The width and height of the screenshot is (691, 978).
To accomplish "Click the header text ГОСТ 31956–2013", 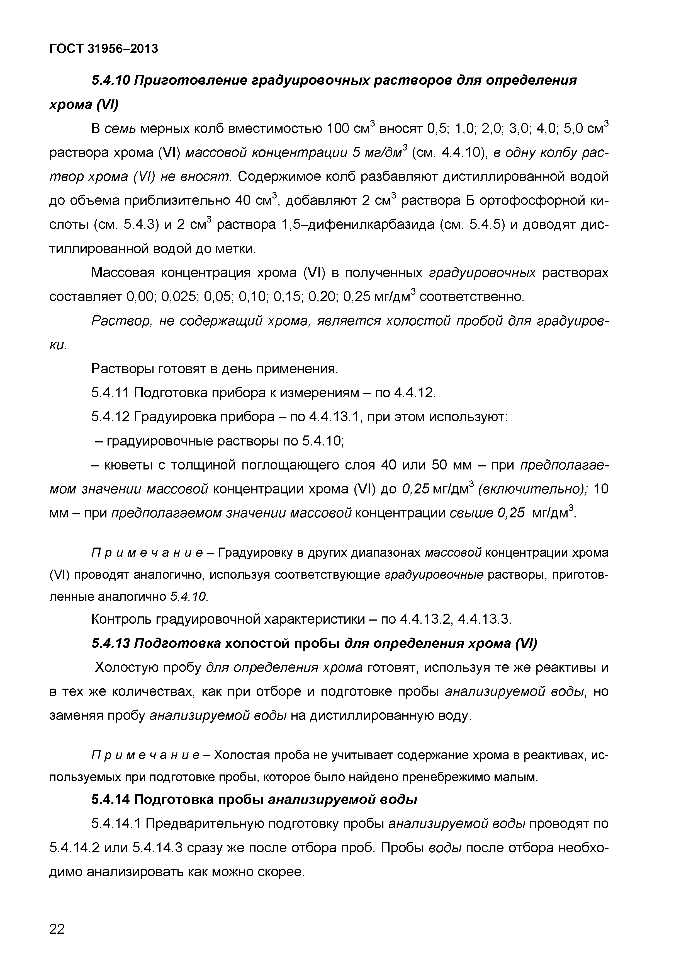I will [103, 49].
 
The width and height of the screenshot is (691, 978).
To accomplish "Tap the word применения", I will [296, 369].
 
